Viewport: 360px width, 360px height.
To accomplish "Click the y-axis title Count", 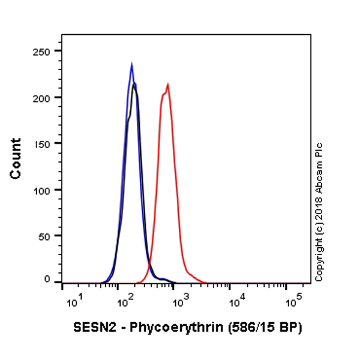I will [x=16, y=158].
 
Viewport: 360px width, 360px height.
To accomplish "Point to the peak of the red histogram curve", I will [x=168, y=85].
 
